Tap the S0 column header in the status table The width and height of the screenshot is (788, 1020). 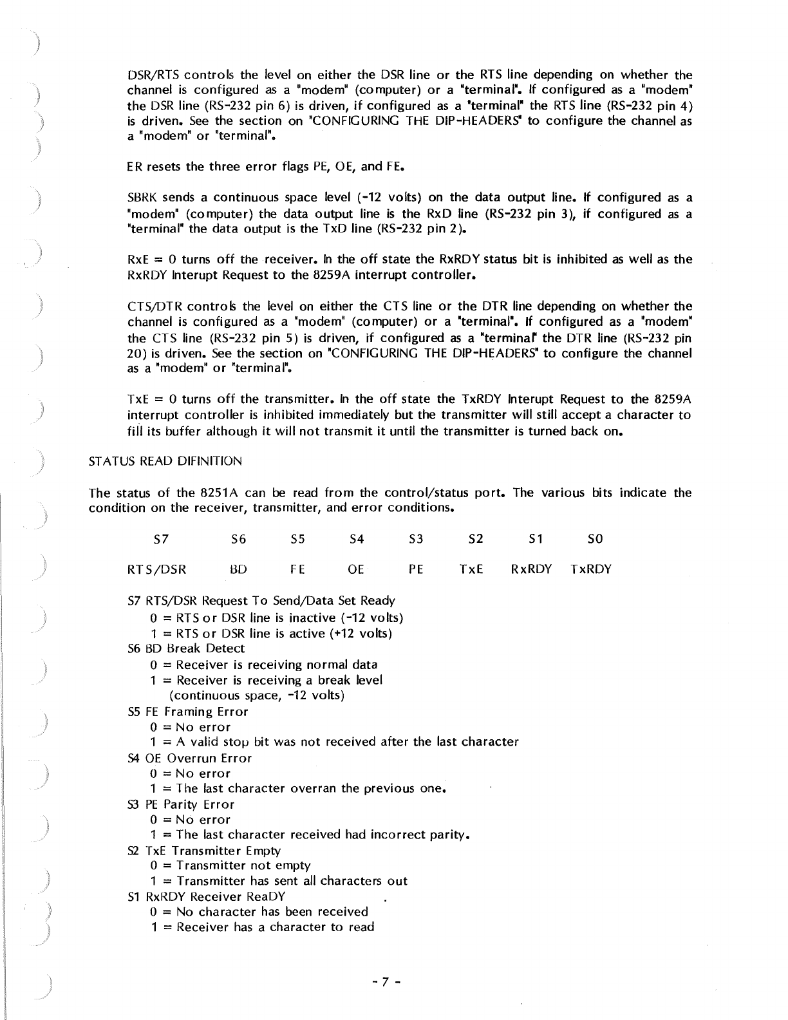point(595,538)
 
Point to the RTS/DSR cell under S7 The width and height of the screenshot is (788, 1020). point(157,569)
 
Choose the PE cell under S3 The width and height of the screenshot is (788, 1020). point(416,569)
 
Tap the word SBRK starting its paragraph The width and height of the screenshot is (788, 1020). point(142,197)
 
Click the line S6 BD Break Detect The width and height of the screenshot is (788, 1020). point(187,648)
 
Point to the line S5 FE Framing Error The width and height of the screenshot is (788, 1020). point(188,712)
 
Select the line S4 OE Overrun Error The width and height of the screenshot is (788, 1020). point(190,758)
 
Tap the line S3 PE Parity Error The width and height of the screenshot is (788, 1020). point(182,804)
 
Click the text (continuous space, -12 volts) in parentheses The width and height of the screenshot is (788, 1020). point(256,695)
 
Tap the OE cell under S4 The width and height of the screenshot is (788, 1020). point(356,569)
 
